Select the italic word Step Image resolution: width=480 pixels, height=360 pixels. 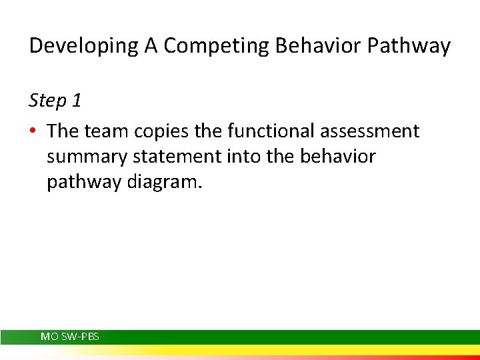coord(47,101)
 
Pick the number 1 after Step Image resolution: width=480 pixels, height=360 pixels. coord(77,101)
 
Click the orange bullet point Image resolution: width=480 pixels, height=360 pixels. coord(33,131)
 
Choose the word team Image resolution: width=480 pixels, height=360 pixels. coord(105,131)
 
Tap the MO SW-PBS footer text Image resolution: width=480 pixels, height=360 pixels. coord(70,337)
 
